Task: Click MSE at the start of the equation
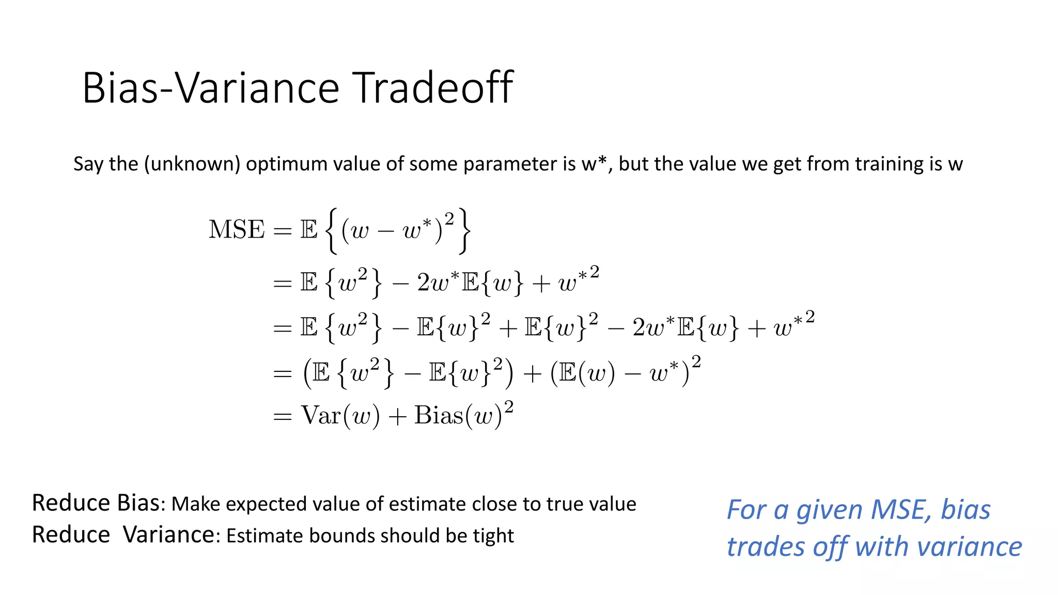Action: click(x=237, y=230)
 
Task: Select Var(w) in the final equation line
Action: click(x=340, y=416)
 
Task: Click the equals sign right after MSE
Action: click(x=283, y=231)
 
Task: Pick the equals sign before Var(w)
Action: click(x=283, y=416)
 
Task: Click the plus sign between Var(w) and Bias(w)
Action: click(x=397, y=416)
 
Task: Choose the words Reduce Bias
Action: click(x=96, y=503)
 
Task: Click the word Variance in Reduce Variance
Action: click(x=168, y=535)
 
